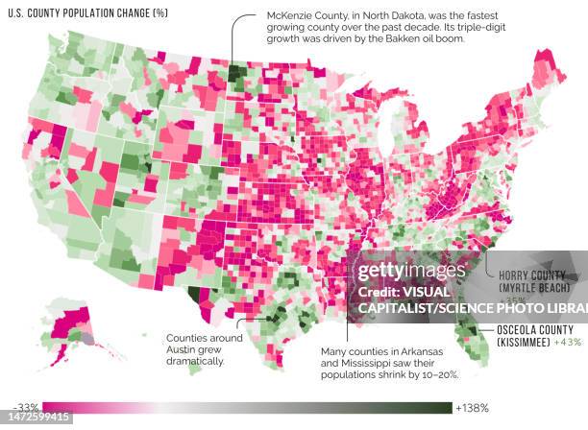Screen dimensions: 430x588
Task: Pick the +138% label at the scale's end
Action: pos(472,408)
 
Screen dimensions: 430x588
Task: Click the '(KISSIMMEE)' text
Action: pos(525,343)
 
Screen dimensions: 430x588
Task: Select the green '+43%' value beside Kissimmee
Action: pos(569,343)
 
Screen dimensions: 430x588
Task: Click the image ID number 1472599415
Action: pos(37,418)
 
